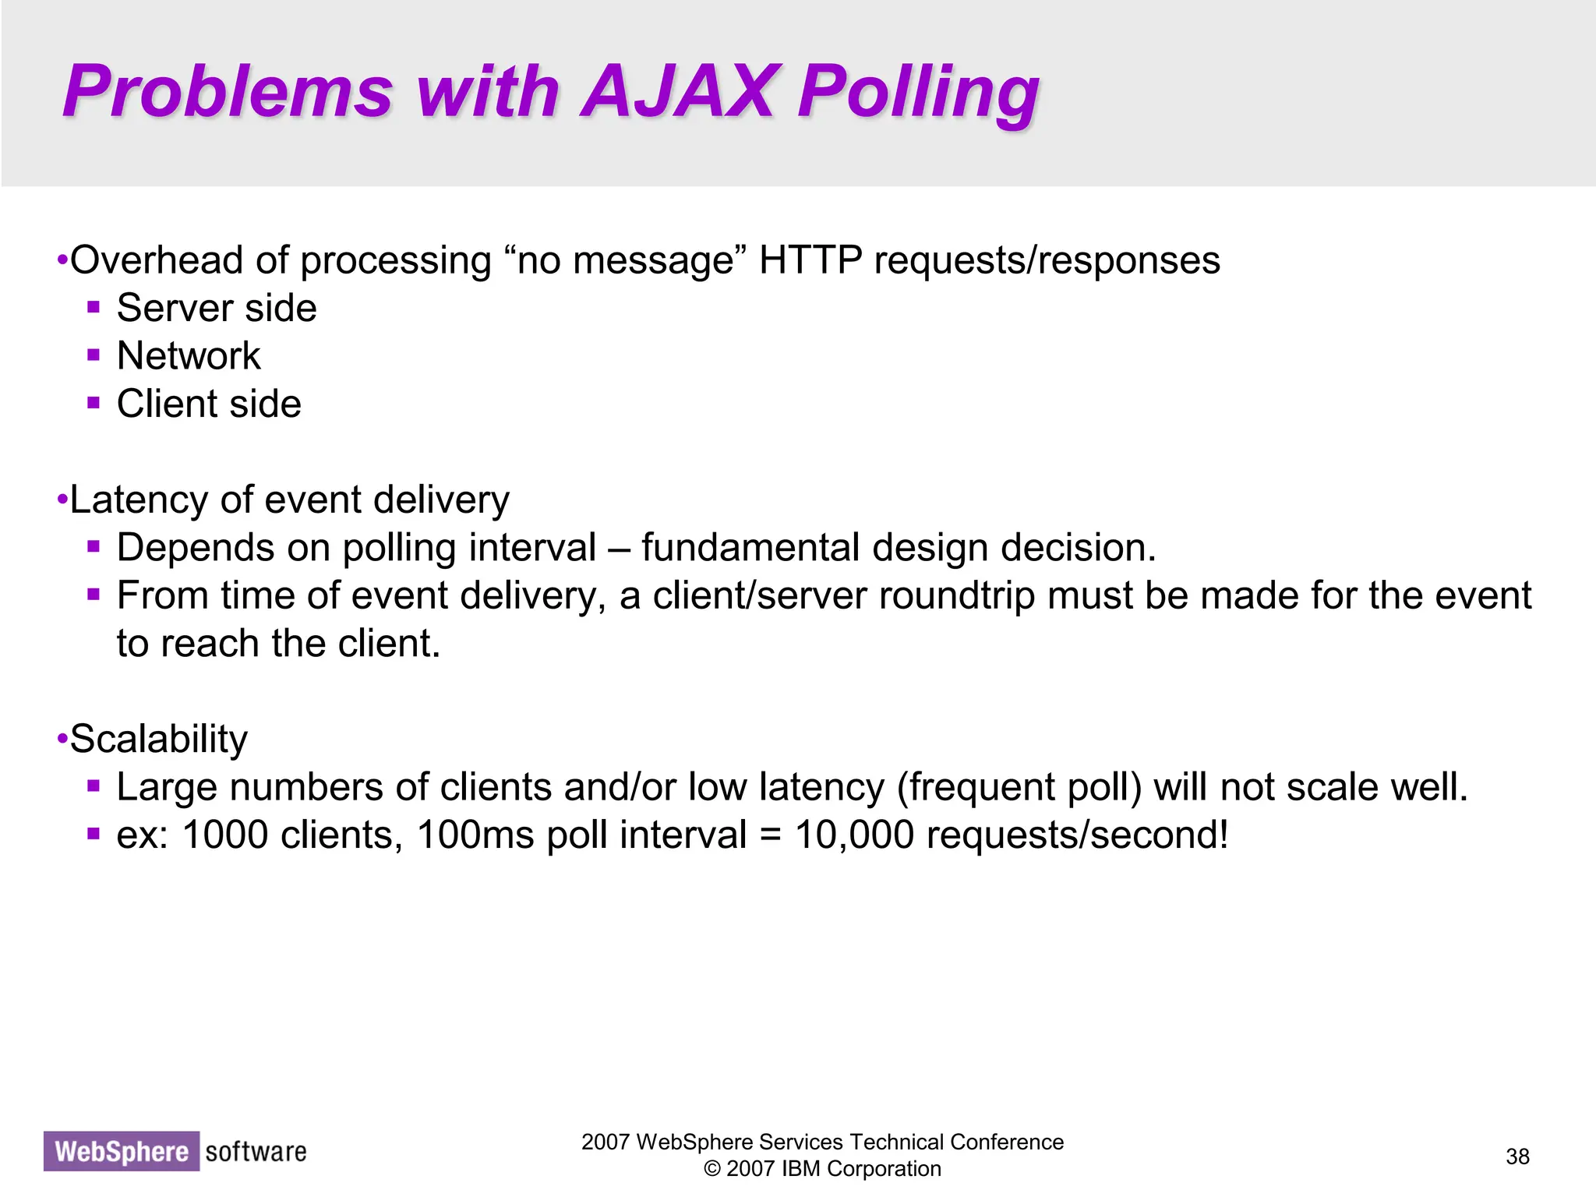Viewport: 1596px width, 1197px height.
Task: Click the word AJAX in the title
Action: tap(677, 92)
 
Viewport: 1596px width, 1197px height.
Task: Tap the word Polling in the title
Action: tap(918, 94)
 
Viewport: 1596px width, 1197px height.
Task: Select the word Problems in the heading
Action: tap(228, 92)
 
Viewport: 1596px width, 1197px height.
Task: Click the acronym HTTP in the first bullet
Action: tap(810, 260)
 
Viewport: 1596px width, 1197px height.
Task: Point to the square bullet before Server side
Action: tap(94, 307)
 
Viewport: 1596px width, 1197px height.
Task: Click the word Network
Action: tap(189, 356)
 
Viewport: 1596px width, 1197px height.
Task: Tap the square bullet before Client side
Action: tap(94, 403)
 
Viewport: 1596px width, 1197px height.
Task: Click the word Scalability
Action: tap(159, 739)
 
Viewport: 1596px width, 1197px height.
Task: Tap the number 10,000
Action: tap(854, 835)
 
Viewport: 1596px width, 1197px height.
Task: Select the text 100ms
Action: tap(475, 835)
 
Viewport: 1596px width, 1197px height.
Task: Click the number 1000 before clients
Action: tap(225, 835)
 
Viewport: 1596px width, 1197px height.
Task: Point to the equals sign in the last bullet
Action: tap(770, 836)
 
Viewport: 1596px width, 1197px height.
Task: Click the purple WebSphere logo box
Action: tap(122, 1151)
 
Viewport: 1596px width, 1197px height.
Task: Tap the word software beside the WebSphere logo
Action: tap(256, 1151)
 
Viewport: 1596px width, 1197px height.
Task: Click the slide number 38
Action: tap(1517, 1156)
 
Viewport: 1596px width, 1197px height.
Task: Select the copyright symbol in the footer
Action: tap(711, 1169)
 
